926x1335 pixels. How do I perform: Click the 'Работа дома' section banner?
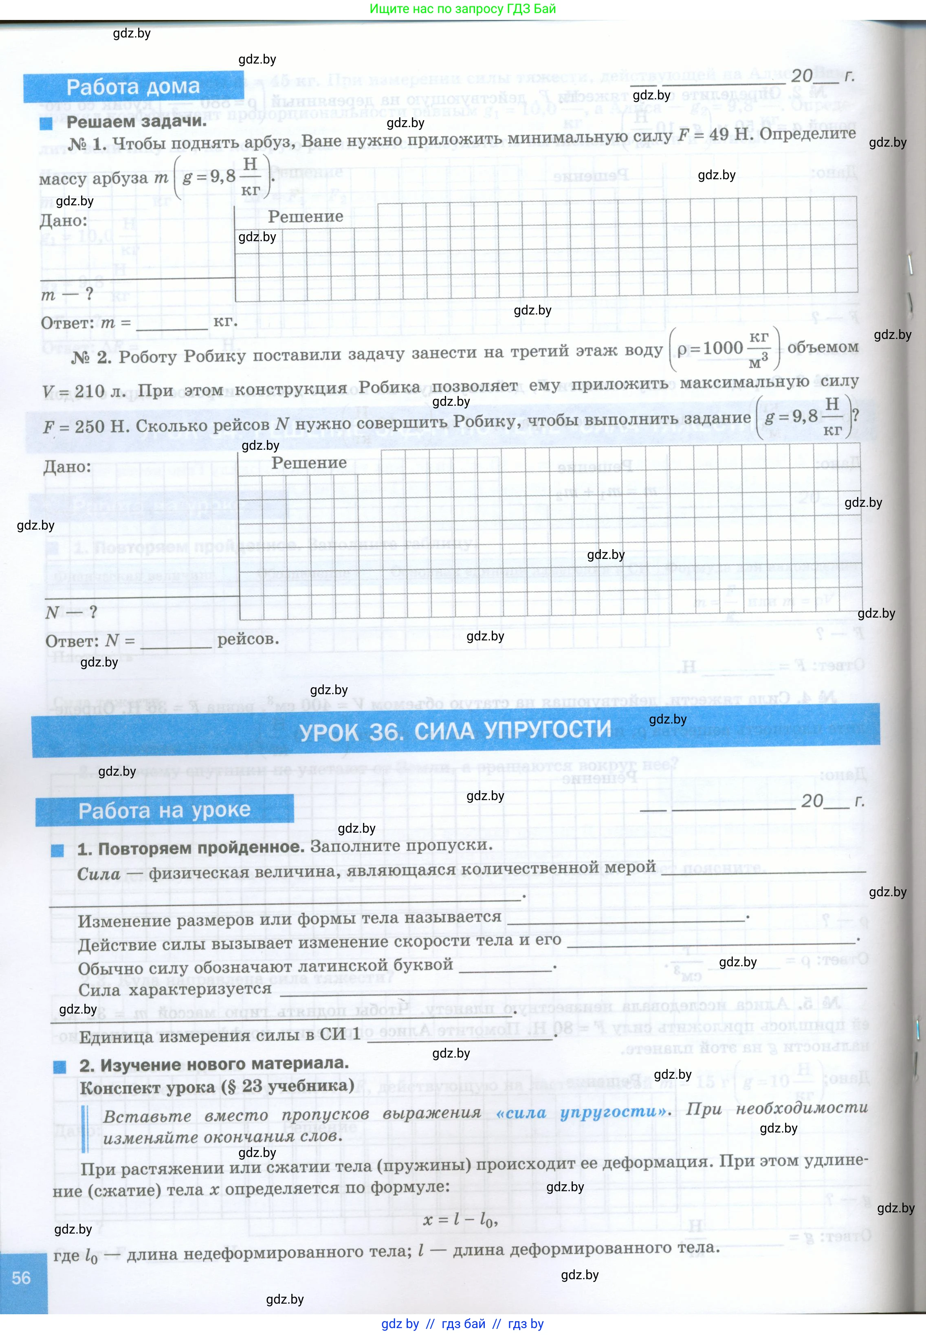133,87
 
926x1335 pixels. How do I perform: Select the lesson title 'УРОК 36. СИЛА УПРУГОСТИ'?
455,730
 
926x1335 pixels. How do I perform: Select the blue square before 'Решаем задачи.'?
46,123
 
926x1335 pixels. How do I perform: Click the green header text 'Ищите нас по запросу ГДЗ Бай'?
462,9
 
